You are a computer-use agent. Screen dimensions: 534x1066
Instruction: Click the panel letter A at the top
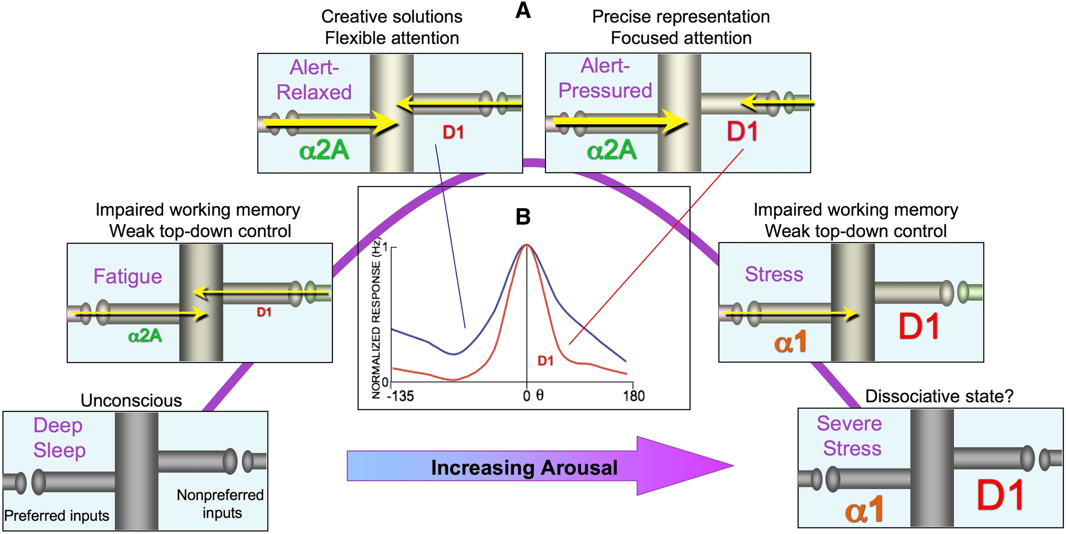click(523, 11)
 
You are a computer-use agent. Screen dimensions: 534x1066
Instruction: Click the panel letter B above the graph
click(523, 217)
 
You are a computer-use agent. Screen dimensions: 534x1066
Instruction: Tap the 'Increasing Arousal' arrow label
click(524, 468)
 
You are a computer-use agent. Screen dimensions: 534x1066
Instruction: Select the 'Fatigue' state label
click(127, 276)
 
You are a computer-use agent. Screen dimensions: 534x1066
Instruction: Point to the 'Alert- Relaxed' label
click(314, 80)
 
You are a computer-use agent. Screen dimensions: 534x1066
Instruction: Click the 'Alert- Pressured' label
click(605, 78)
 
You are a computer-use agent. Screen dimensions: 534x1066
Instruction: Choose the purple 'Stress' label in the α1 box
click(774, 274)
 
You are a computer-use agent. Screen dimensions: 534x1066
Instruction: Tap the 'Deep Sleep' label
click(59, 437)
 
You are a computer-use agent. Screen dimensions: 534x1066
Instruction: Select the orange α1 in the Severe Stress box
click(864, 509)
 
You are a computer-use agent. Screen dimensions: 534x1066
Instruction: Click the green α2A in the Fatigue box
click(145, 335)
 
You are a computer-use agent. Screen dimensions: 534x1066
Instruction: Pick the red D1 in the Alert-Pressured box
click(742, 132)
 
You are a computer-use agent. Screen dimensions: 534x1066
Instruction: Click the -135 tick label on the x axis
click(400, 396)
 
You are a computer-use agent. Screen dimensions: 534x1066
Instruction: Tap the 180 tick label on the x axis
click(634, 396)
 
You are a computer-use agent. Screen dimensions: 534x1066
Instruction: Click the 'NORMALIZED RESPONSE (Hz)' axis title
click(376, 319)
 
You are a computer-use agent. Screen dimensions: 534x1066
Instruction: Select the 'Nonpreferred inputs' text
click(220, 504)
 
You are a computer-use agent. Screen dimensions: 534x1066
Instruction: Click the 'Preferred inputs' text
click(57, 516)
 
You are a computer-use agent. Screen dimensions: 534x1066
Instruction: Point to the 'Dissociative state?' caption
click(939, 396)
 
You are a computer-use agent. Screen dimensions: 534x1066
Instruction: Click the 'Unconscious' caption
click(131, 400)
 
